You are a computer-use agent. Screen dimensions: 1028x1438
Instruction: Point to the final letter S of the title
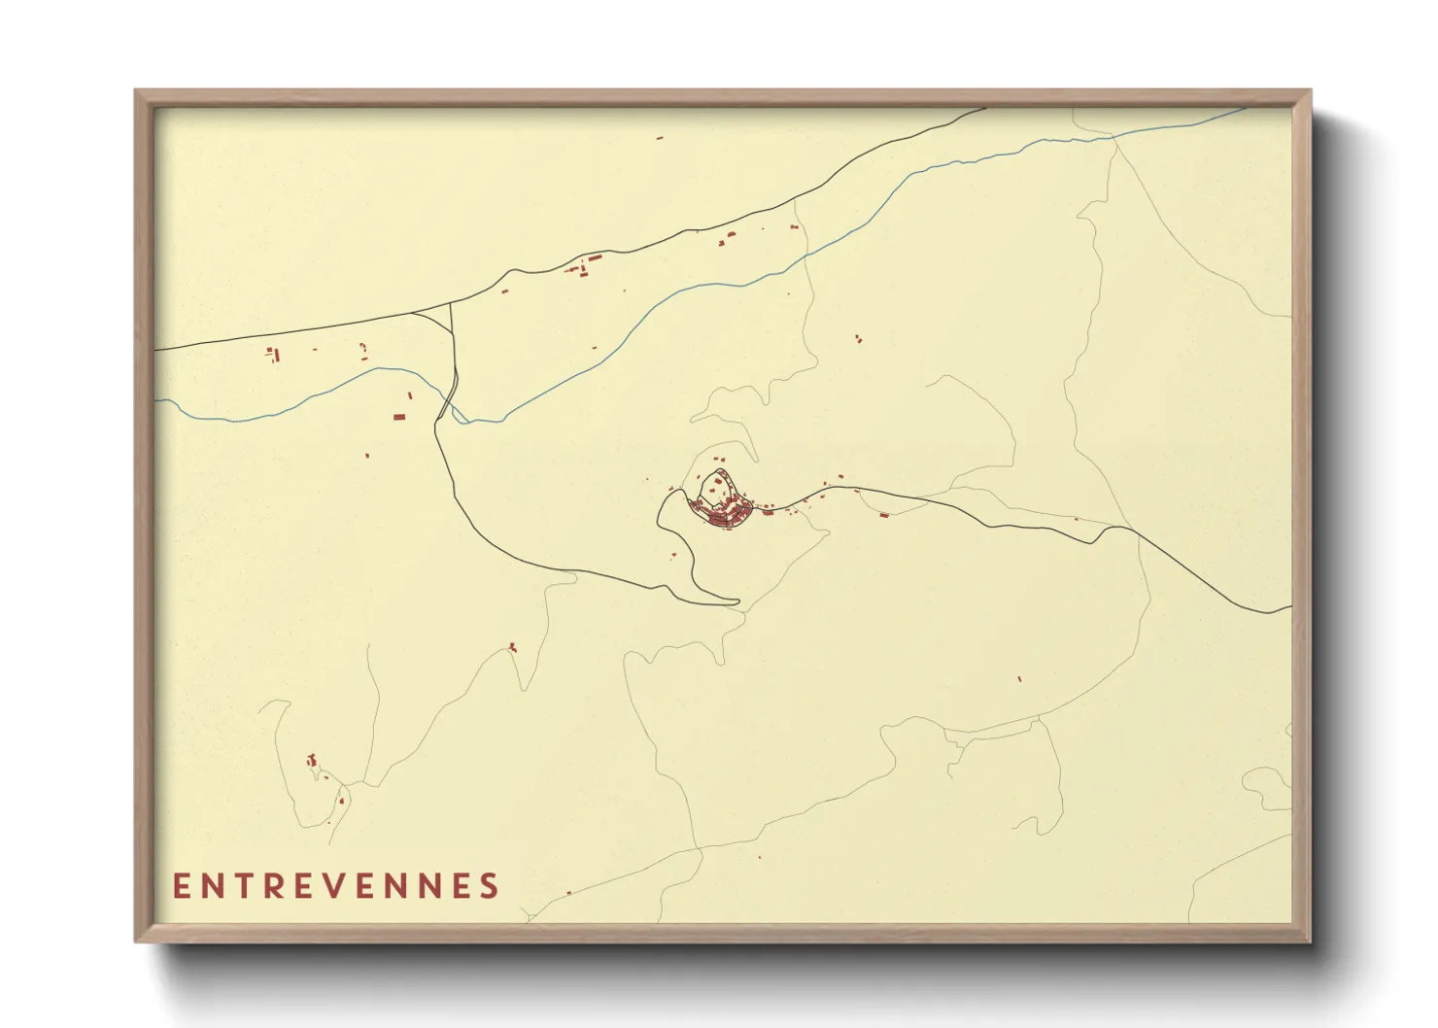(489, 886)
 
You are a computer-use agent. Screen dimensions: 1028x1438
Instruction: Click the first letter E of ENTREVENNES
(182, 886)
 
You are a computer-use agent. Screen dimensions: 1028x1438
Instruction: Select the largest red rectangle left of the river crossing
(398, 417)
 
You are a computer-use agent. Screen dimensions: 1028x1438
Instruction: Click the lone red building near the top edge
(660, 138)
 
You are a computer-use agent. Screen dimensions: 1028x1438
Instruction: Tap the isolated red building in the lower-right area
(1019, 678)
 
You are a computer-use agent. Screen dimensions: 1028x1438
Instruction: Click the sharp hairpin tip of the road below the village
(737, 603)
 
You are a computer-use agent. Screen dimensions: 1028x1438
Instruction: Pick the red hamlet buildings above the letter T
(313, 763)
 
